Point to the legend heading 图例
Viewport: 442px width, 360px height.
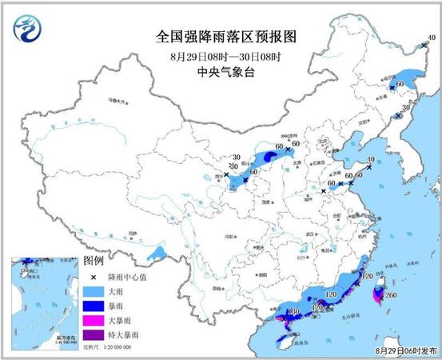click(x=94, y=262)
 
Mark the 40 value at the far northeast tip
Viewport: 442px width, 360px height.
click(x=431, y=37)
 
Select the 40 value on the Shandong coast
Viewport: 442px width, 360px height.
click(x=369, y=160)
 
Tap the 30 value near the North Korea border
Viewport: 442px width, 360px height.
click(x=405, y=107)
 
